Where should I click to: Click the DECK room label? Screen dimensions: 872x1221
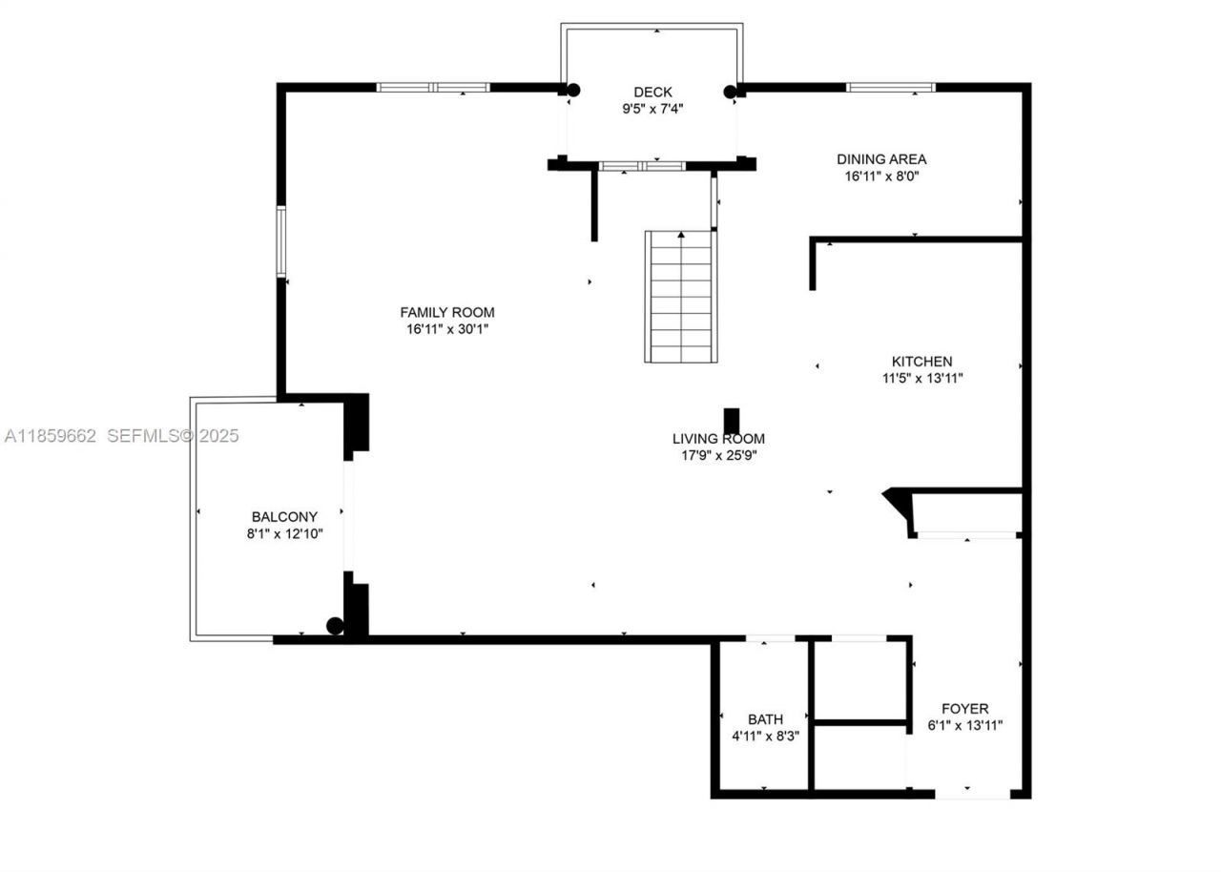[652, 93]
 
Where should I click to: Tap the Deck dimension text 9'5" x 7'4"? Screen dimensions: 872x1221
[652, 109]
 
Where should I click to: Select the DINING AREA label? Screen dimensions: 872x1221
[881, 159]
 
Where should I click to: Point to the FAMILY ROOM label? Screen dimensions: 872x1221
[446, 312]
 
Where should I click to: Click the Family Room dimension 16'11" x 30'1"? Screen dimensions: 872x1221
[446, 329]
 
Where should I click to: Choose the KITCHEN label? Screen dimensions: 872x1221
[921, 362]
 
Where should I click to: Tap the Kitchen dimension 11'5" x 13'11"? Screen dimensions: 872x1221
[921, 378]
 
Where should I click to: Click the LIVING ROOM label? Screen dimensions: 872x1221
[718, 439]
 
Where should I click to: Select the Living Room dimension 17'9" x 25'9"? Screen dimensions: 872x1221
[718, 455]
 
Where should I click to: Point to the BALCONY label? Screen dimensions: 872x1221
[284, 517]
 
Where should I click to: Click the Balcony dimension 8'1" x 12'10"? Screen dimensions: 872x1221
[284, 534]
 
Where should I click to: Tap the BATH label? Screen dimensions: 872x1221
[765, 719]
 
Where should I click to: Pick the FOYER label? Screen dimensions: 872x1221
[964, 709]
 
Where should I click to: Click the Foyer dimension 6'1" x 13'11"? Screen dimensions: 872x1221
[964, 725]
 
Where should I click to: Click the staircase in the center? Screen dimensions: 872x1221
[680, 297]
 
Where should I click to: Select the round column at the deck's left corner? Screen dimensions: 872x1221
[572, 91]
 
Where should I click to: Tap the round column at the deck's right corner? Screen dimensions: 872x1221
[731, 92]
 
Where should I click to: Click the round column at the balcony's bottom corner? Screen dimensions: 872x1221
[335, 626]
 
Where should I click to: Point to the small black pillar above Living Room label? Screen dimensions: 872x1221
[732, 421]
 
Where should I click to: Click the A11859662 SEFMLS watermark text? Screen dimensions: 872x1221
[121, 436]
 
